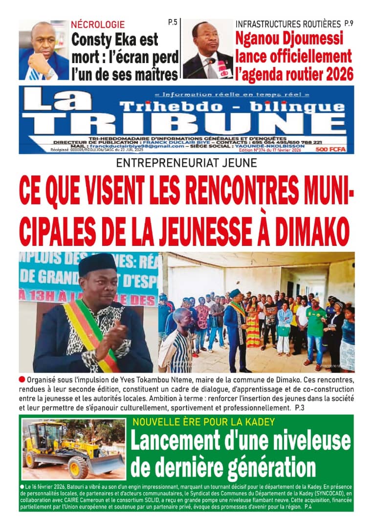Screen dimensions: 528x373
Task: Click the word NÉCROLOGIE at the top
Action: [x=98, y=24]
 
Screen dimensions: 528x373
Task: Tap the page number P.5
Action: [x=172, y=22]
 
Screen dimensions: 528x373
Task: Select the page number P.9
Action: [x=349, y=23]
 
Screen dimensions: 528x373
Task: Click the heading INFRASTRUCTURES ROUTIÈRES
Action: [x=288, y=23]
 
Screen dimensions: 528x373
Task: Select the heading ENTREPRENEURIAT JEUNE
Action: [x=187, y=163]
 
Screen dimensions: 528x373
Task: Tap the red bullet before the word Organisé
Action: [x=22, y=379]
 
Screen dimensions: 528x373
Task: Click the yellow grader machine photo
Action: [x=73, y=449]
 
